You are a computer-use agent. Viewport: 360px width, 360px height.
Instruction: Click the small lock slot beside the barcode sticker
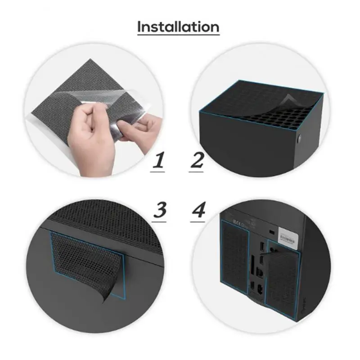tap(271, 232)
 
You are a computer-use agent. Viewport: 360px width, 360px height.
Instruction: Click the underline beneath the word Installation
tap(178, 35)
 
